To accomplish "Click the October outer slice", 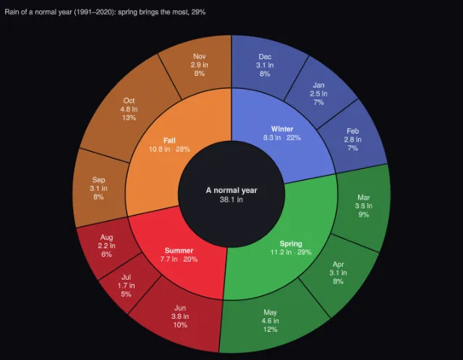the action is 129,109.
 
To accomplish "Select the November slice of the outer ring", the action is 200,65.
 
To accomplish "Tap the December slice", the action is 265,65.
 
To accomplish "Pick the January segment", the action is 318,94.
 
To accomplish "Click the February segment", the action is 352,140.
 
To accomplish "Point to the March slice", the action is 363,206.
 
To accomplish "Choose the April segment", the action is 339,273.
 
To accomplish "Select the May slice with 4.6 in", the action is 270,321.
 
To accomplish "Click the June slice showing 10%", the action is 180,317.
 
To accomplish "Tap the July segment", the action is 126,286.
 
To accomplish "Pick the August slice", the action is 106,246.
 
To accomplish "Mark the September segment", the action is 98,188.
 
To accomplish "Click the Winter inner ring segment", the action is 282,134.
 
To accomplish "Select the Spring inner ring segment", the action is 291,248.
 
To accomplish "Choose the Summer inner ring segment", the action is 179,255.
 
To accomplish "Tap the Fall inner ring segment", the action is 169,145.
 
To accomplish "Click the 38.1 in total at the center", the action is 231,200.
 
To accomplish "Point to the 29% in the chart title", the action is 197,12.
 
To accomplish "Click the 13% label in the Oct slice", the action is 129,118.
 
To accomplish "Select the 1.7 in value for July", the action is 126,286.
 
